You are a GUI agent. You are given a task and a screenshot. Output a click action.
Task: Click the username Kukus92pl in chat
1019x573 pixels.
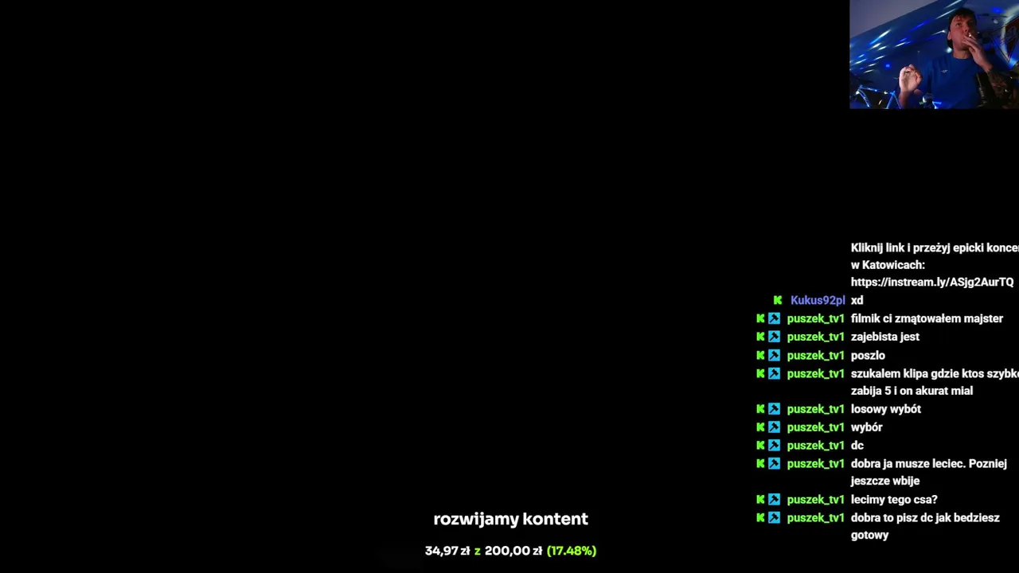coord(818,301)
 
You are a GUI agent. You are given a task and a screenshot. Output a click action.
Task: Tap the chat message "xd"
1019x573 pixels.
coord(857,301)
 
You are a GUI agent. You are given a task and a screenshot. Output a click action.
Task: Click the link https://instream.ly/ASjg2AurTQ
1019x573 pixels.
coord(932,283)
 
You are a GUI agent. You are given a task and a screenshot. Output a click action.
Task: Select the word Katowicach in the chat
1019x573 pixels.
coord(893,265)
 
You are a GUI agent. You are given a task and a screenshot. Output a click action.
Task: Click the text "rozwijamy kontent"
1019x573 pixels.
coord(510,519)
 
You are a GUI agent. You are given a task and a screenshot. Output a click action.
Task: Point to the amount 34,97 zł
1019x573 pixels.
coord(447,551)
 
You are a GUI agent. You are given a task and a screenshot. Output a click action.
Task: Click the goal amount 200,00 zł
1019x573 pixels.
coord(513,551)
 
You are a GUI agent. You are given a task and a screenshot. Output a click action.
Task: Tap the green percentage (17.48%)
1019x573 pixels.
coord(572,551)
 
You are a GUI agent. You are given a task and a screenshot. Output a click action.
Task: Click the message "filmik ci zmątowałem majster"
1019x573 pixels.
coord(927,319)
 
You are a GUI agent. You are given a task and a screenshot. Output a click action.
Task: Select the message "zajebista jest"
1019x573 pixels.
coord(884,337)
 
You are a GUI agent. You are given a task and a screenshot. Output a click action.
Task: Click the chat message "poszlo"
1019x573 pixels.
coord(868,356)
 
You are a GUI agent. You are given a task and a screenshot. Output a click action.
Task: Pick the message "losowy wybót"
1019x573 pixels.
coord(886,409)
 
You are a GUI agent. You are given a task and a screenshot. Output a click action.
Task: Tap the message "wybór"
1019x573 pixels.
coord(867,427)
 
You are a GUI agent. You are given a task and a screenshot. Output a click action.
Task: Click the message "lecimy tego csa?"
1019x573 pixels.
coord(894,500)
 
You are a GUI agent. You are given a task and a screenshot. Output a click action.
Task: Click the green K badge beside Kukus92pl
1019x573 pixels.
coord(778,300)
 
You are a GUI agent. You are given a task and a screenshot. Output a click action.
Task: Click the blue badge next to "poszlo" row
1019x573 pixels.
coord(774,355)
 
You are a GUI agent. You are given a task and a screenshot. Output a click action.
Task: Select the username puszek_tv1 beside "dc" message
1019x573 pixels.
coord(815,446)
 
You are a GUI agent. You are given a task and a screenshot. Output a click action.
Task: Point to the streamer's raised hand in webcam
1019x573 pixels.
coord(909,77)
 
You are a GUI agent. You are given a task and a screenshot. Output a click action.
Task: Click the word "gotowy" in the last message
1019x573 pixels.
coord(869,536)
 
